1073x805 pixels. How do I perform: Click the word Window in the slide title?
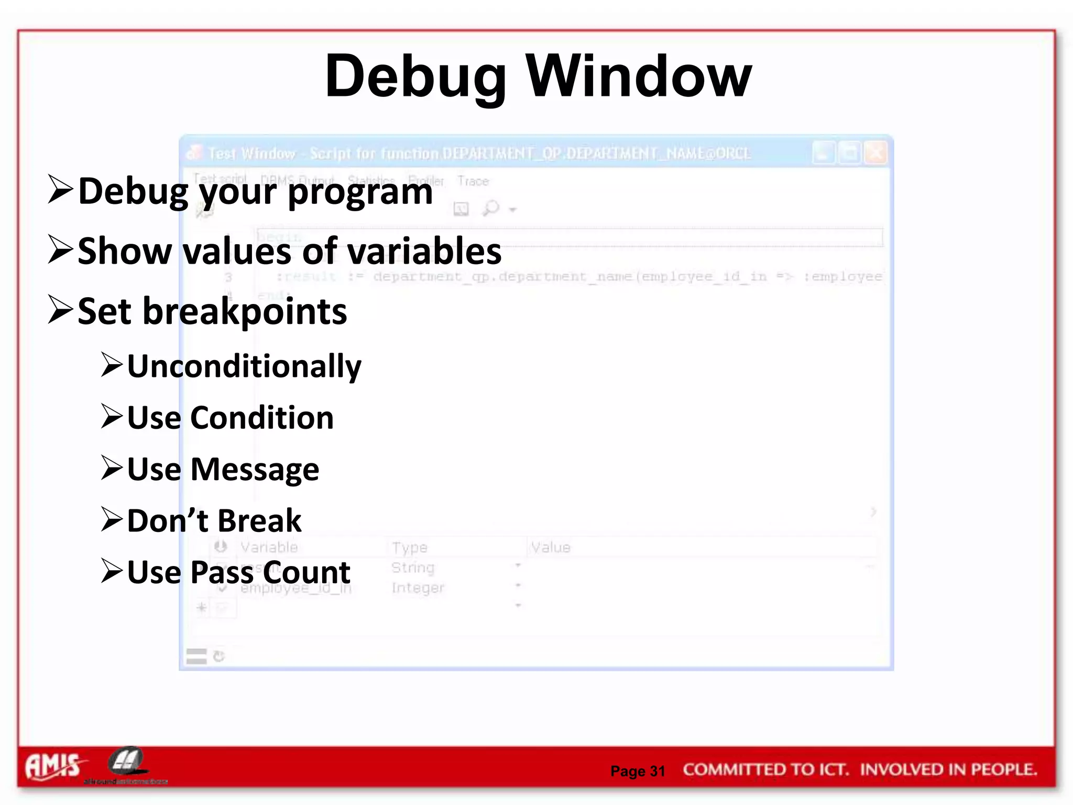(x=639, y=77)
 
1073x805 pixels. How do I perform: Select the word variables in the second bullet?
(x=423, y=251)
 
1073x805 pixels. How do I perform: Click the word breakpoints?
(x=245, y=312)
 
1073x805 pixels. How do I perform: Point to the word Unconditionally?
(x=244, y=366)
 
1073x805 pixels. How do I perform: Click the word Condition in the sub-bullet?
(x=261, y=418)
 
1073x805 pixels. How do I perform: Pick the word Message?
(x=255, y=469)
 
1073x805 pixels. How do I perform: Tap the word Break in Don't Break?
(x=259, y=521)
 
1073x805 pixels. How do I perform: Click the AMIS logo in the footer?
(x=53, y=766)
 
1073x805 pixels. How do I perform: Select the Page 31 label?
(x=638, y=771)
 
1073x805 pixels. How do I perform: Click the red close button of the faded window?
(x=875, y=153)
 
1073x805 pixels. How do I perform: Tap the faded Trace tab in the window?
(x=473, y=181)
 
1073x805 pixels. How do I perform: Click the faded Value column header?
(x=550, y=547)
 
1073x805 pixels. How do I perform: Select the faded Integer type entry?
(x=418, y=588)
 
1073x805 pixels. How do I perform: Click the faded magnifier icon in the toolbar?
(x=491, y=208)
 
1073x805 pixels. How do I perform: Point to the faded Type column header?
(x=409, y=547)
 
